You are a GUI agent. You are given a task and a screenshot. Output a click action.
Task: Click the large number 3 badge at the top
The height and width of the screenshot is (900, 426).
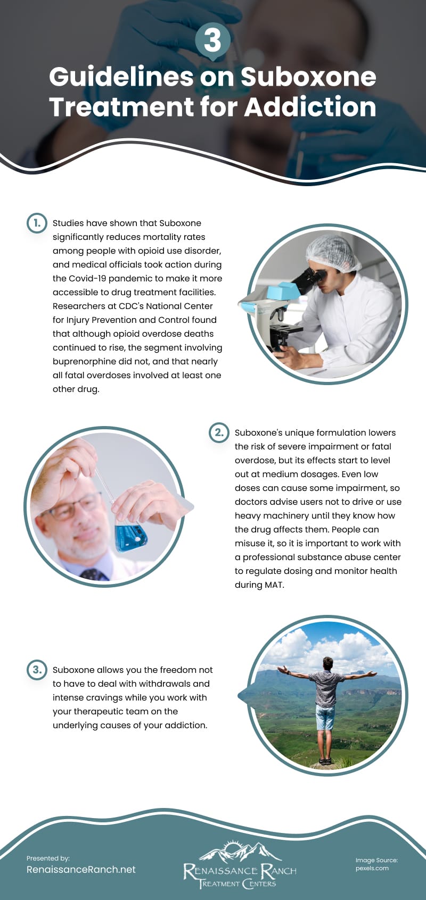point(212,40)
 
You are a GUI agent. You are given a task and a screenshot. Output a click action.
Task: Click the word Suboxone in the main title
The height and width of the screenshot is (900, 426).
point(308,77)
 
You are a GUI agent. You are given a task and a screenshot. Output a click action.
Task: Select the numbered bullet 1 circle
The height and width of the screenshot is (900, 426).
point(37,223)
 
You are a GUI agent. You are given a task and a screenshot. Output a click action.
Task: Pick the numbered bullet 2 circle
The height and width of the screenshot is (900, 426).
point(219,432)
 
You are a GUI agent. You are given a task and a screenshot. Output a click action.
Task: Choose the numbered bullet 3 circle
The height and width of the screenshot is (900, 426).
point(37,670)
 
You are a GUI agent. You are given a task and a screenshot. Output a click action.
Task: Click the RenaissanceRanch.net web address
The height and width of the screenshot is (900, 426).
point(81,870)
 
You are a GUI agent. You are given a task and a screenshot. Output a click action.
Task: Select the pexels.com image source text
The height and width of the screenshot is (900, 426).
point(372,868)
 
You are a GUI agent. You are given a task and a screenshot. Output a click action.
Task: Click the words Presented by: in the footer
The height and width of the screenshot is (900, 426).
point(48,858)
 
